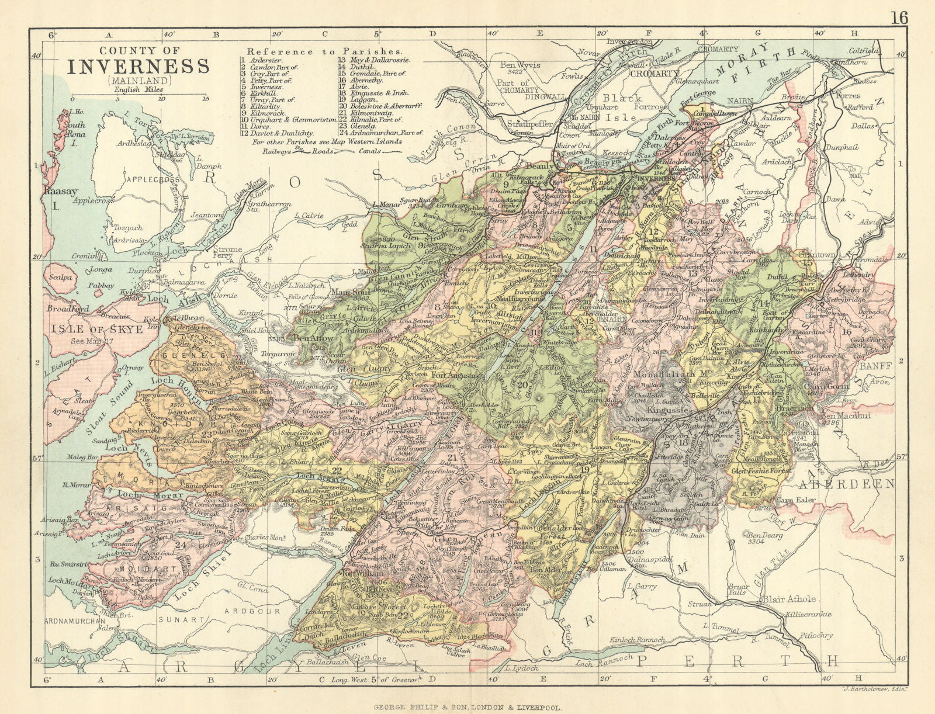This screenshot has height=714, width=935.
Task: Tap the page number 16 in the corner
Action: click(x=900, y=18)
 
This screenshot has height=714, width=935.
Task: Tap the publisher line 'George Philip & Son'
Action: click(x=467, y=706)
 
